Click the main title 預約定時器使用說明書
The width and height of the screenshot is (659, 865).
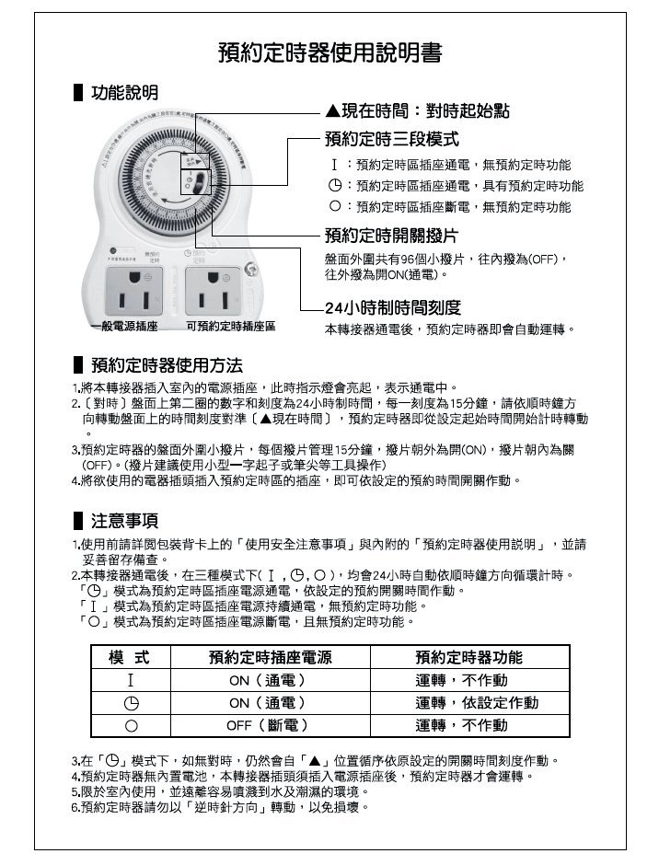click(329, 52)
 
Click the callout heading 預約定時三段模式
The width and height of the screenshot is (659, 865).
click(391, 139)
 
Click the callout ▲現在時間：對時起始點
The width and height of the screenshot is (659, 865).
click(417, 112)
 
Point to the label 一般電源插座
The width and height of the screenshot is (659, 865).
click(124, 328)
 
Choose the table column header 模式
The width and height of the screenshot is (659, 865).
click(130, 657)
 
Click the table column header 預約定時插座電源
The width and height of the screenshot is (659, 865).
click(269, 657)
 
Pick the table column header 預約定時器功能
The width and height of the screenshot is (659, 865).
click(468, 657)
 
